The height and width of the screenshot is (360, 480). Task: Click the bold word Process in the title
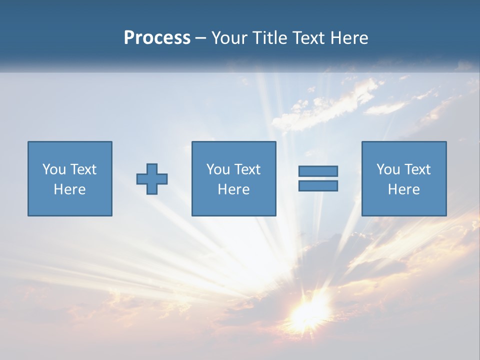(x=157, y=38)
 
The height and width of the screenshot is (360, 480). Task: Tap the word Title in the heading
(x=270, y=38)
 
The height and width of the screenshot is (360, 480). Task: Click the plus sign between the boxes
(x=152, y=179)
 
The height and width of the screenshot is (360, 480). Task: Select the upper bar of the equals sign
(x=318, y=171)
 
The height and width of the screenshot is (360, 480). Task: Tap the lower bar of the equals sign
(x=318, y=186)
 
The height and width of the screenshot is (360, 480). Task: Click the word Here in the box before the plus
(x=69, y=189)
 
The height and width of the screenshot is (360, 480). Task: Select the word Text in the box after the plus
(x=247, y=169)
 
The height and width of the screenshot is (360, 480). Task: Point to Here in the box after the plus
(x=233, y=189)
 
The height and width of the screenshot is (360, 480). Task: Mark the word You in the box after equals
(x=387, y=169)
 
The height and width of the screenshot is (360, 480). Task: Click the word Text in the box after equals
(x=417, y=169)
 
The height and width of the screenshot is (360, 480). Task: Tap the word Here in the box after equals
(x=403, y=189)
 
